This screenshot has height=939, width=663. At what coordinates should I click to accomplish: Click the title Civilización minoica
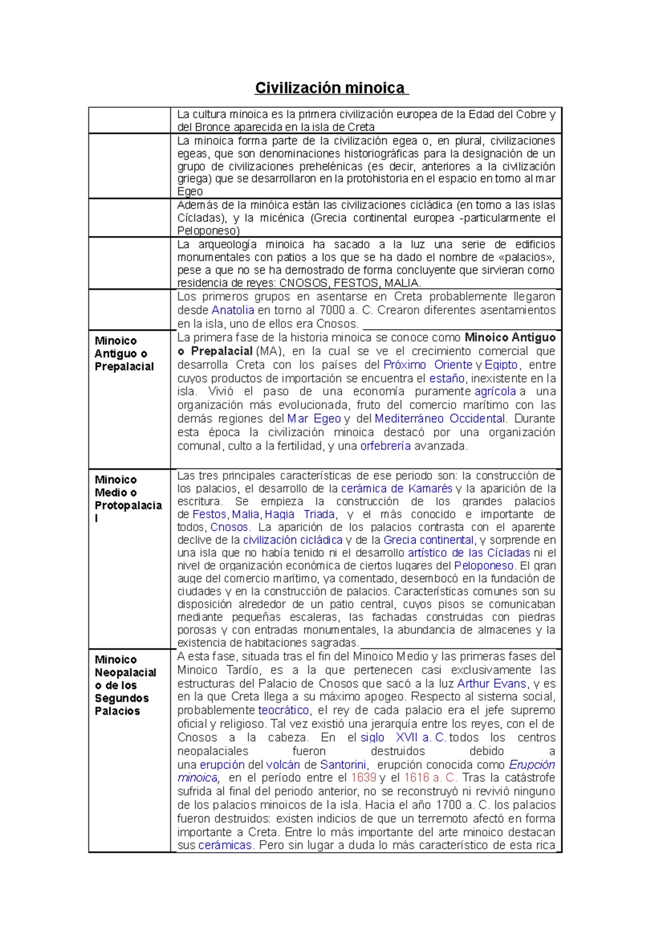tap(330, 88)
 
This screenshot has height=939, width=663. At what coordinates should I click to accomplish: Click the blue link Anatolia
tap(233, 310)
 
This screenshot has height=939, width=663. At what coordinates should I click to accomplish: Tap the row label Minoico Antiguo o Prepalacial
tap(124, 353)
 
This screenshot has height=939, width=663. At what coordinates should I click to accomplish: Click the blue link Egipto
tap(501, 365)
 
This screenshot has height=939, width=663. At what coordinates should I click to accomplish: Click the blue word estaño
tap(447, 379)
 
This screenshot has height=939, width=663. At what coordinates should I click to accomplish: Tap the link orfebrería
tap(385, 446)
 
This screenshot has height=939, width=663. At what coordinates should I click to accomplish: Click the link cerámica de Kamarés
tap(397, 489)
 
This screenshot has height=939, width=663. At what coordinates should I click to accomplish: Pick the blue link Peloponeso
tap(483, 566)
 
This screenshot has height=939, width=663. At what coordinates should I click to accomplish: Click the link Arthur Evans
tap(491, 684)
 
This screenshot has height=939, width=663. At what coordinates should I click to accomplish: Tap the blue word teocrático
tap(283, 710)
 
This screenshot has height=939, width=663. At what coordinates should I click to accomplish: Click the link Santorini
tap(343, 765)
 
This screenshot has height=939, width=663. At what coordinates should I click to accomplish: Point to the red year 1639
tap(364, 778)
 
